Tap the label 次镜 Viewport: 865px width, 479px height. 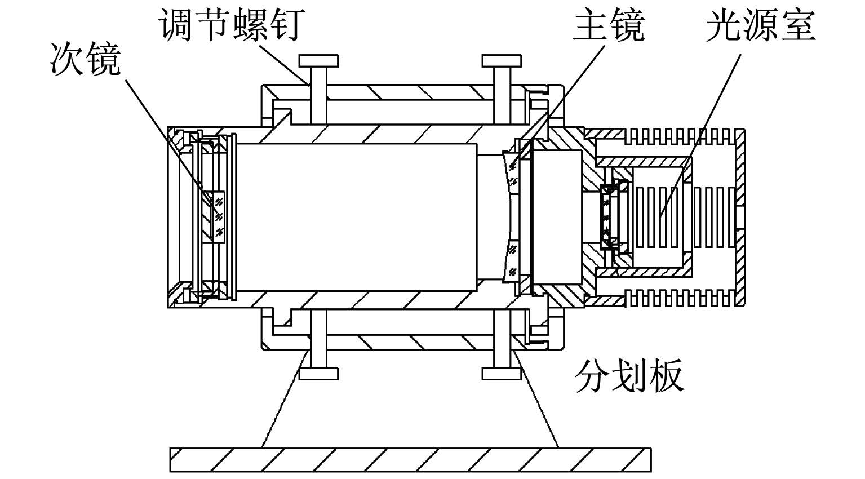click(85, 59)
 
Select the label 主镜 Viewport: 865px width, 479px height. click(609, 25)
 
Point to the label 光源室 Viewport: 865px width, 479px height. click(761, 25)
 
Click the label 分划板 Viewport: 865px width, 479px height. click(629, 376)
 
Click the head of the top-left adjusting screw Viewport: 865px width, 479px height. click(319, 61)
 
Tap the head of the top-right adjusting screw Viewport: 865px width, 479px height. click(502, 61)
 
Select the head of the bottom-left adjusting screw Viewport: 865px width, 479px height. click(319, 374)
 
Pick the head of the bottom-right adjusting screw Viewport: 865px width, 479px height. click(502, 374)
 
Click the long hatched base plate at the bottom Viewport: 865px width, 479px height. click(410, 460)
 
